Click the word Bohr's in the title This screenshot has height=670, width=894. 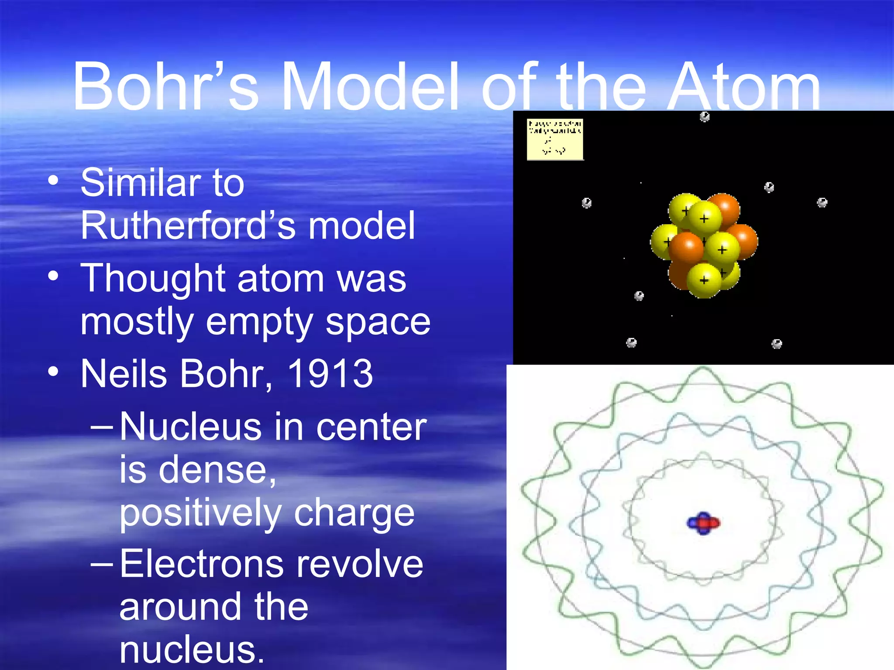pyautogui.click(x=166, y=86)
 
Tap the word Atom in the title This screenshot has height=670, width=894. pyautogui.click(x=744, y=86)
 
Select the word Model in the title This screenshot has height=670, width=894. pyautogui.click(x=370, y=86)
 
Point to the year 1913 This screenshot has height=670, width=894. pyautogui.click(x=330, y=373)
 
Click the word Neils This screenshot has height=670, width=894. pyautogui.click(x=124, y=373)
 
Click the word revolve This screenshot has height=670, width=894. pyautogui.click(x=360, y=564)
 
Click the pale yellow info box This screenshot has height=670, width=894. pyautogui.click(x=555, y=139)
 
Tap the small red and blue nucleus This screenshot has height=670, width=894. pyautogui.click(x=703, y=523)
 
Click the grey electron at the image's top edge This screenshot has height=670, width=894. pyautogui.click(x=705, y=116)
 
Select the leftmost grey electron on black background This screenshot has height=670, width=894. pyautogui.click(x=587, y=203)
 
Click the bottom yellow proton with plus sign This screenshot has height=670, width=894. pyautogui.click(x=704, y=280)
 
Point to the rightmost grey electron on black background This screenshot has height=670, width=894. pyautogui.click(x=822, y=202)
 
